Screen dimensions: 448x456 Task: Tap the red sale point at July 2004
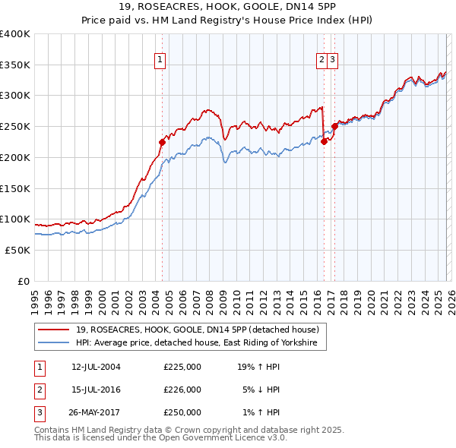coord(162,141)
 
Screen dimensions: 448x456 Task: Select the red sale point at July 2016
coord(324,140)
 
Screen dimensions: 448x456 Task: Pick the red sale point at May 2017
coord(335,126)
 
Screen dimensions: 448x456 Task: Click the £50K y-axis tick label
coord(17,250)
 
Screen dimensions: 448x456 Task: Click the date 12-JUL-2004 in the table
coord(96,367)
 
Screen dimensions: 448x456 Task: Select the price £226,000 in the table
coord(182,390)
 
